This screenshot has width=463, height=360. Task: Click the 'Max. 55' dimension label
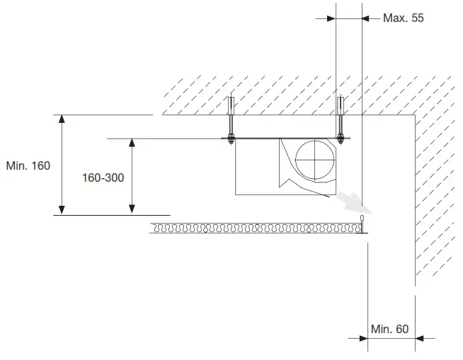click(403, 18)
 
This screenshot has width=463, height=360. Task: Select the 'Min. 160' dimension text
click(28, 166)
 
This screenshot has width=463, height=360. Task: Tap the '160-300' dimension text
click(103, 178)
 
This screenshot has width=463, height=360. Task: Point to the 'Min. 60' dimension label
click(389, 329)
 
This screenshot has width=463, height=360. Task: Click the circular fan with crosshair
click(313, 161)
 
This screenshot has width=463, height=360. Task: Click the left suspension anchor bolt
click(230, 120)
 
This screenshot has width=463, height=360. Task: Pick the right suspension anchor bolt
click(341, 120)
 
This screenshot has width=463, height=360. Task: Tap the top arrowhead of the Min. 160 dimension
click(62, 120)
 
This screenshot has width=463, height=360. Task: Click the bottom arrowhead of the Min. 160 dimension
click(62, 209)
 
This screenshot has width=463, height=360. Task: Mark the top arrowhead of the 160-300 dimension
click(132, 144)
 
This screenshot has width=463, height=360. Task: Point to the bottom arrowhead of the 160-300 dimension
click(132, 209)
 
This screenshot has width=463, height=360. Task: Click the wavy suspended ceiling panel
click(255, 228)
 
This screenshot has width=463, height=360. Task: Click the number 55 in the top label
click(417, 18)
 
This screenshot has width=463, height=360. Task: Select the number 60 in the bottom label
click(401, 329)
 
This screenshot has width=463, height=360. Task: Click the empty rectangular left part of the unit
click(256, 166)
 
